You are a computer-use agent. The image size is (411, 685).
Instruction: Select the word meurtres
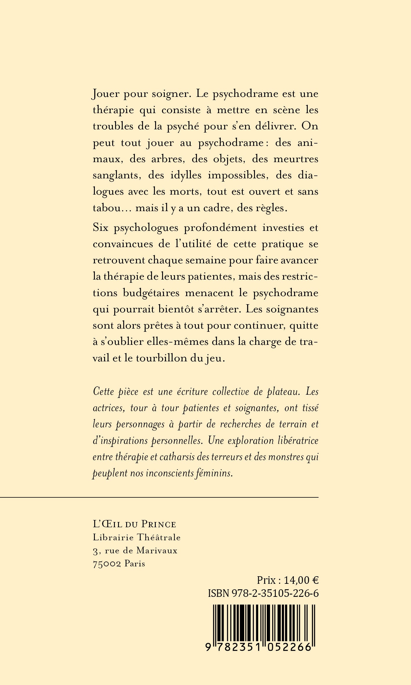pos(296,159)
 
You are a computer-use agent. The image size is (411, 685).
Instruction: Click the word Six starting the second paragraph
pos(101,228)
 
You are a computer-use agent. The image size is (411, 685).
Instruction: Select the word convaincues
pos(123,244)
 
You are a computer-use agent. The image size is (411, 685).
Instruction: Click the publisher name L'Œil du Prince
pos(134,524)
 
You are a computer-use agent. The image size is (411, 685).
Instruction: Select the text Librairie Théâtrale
pos(137,537)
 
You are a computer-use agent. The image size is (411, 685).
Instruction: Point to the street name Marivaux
pos(157,550)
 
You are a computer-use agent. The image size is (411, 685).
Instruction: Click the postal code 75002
pos(107,564)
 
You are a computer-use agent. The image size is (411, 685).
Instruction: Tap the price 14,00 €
pos(301,580)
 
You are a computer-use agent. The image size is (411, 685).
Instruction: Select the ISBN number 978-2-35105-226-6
pos(275,593)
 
